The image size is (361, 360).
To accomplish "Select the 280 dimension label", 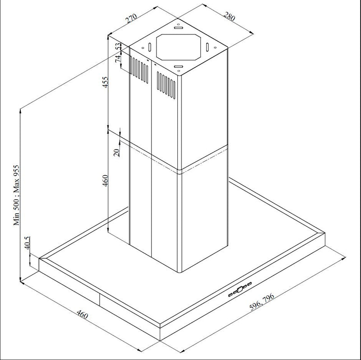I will (x=229, y=17).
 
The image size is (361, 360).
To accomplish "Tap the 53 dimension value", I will (x=119, y=47).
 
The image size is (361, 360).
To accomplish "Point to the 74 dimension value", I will (x=119, y=60).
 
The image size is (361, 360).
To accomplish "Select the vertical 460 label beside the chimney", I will (x=105, y=181).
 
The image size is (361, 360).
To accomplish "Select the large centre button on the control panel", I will (x=240, y=287).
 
